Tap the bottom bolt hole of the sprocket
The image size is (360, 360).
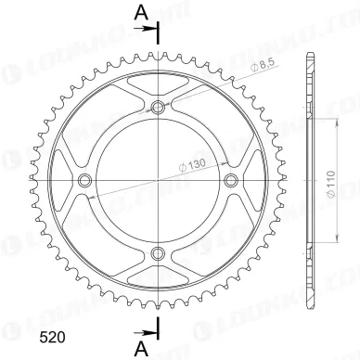click(x=158, y=250)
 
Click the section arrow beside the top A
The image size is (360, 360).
click(x=148, y=31)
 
